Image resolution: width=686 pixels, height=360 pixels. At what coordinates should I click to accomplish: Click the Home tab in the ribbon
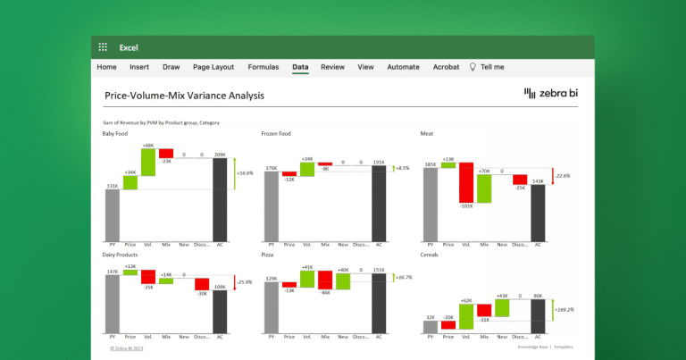coord(106,67)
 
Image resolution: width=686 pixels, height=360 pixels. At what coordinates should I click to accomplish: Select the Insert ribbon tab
coord(139,67)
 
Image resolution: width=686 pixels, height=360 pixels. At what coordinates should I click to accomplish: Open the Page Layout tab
coord(213,67)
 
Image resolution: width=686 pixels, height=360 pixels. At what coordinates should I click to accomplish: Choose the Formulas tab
coord(263,67)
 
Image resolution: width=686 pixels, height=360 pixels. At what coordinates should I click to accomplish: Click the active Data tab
coord(300,67)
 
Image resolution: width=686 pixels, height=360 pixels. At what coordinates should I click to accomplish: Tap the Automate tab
coord(403,67)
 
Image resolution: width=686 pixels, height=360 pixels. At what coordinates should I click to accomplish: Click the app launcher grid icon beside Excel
coord(103,46)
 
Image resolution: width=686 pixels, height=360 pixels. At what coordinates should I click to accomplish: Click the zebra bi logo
coord(552,93)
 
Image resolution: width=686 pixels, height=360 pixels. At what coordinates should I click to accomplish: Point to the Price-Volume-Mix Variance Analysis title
coord(184,95)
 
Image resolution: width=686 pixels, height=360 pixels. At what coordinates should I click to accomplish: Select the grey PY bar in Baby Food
coord(113,214)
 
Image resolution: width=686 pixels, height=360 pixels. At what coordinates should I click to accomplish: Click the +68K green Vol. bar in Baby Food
coord(148,162)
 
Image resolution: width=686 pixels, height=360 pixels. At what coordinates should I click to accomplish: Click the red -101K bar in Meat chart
coord(466,182)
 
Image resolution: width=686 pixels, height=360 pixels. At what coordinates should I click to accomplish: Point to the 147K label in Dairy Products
coord(112,271)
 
